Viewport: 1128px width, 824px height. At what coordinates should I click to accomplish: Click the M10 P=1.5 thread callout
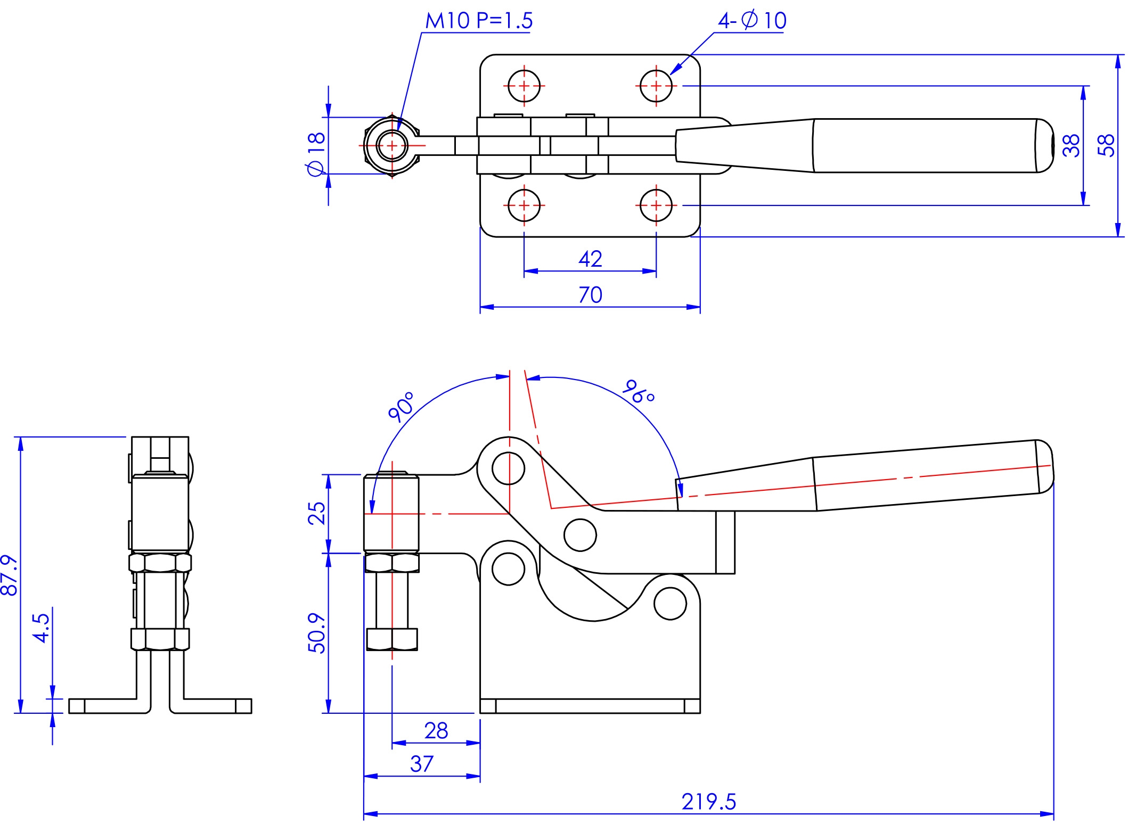pyautogui.click(x=478, y=20)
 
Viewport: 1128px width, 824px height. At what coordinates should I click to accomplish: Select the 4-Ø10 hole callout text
pyautogui.click(x=752, y=20)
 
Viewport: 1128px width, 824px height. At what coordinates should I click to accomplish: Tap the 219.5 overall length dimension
pyautogui.click(x=709, y=802)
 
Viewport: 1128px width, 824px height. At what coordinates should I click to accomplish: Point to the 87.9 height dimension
pyautogui.click(x=10, y=575)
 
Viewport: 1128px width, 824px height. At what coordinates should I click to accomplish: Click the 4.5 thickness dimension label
pyautogui.click(x=41, y=628)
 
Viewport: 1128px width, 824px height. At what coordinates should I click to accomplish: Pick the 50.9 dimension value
pyautogui.click(x=316, y=633)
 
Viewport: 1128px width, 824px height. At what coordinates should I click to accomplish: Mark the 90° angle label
pyautogui.click(x=401, y=407)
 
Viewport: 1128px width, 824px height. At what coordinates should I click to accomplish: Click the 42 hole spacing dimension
pyautogui.click(x=590, y=259)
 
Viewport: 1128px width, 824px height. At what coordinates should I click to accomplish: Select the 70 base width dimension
pyautogui.click(x=590, y=295)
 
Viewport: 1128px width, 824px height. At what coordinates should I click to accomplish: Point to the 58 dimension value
pyautogui.click(x=1106, y=145)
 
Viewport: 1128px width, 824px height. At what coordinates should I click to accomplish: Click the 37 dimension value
pyautogui.click(x=422, y=764)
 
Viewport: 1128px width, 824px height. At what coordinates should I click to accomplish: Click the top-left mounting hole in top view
pyautogui.click(x=524, y=86)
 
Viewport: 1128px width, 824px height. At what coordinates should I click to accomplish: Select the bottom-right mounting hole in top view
pyautogui.click(x=656, y=205)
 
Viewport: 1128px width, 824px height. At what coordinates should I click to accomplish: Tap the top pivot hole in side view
pyautogui.click(x=509, y=468)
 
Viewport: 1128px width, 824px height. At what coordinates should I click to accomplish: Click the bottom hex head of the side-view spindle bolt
pyautogui.click(x=392, y=639)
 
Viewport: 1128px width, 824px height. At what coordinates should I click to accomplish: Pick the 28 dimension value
pyautogui.click(x=436, y=731)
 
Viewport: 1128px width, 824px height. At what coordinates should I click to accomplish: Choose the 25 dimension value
pyautogui.click(x=316, y=513)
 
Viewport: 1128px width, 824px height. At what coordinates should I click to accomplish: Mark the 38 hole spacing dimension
pyautogui.click(x=1071, y=145)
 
